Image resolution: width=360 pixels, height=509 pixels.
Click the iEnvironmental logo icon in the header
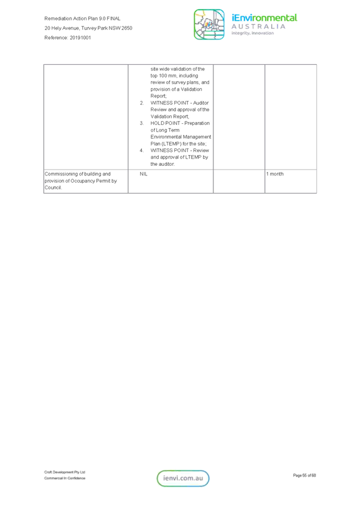pyautogui.click(x=209, y=25)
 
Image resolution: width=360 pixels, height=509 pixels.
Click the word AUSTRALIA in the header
pyautogui.click(x=258, y=26)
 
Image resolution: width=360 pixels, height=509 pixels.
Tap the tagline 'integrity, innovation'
pyautogui.click(x=252, y=33)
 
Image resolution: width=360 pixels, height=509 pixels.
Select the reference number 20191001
pyautogui.click(x=80, y=38)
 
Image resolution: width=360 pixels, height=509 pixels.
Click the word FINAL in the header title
pyautogui.click(x=114, y=19)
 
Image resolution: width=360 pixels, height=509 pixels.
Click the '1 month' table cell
pyautogui.click(x=275, y=174)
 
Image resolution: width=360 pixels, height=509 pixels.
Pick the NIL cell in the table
pyautogui.click(x=144, y=174)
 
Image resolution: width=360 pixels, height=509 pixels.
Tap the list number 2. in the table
pyautogui.click(x=142, y=103)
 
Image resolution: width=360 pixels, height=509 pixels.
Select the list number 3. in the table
pyautogui.click(x=142, y=123)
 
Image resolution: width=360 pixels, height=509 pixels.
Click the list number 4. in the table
pyautogui.click(x=142, y=151)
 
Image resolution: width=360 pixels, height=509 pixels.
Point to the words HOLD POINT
pyautogui.click(x=165, y=123)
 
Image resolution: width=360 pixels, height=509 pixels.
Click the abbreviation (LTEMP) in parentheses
pyautogui.click(x=171, y=144)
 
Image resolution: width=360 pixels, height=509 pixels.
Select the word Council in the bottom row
pyautogui.click(x=53, y=187)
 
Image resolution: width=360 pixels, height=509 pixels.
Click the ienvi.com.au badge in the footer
pyautogui.click(x=183, y=478)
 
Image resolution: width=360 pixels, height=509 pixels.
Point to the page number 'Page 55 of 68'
pyautogui.click(x=305, y=475)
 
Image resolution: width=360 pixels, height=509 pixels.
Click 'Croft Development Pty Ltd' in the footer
pyautogui.click(x=64, y=472)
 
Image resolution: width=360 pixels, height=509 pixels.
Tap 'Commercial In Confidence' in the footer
pyautogui.click(x=64, y=478)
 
